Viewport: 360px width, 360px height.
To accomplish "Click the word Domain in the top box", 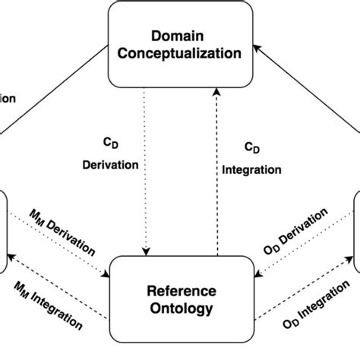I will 179,36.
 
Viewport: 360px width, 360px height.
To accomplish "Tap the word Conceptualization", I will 180,54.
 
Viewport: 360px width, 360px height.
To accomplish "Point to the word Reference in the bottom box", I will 180,291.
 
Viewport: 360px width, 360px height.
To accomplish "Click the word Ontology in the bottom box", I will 180,308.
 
